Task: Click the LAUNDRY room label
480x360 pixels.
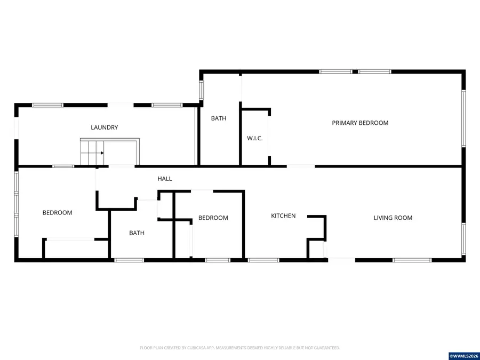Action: (x=105, y=127)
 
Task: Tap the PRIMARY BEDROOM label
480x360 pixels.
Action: (x=360, y=123)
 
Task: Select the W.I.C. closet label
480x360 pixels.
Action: (x=255, y=138)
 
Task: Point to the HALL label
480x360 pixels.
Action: (x=165, y=179)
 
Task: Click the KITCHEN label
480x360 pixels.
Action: (x=283, y=216)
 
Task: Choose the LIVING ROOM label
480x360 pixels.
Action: (x=393, y=218)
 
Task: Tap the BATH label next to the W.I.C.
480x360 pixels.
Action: (x=219, y=118)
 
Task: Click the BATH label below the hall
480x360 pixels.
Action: (x=137, y=233)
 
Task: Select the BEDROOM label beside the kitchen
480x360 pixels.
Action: (x=213, y=218)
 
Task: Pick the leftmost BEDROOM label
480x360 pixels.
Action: (x=57, y=213)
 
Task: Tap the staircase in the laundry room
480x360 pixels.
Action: (x=92, y=153)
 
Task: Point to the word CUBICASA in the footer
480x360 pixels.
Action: (x=197, y=348)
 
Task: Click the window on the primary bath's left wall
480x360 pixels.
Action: (x=201, y=90)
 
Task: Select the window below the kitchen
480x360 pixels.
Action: (x=263, y=260)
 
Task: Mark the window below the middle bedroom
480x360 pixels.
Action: (x=218, y=260)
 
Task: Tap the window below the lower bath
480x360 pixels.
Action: (x=129, y=260)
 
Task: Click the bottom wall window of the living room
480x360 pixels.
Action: (x=412, y=260)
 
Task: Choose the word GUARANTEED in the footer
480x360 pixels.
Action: (x=328, y=348)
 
